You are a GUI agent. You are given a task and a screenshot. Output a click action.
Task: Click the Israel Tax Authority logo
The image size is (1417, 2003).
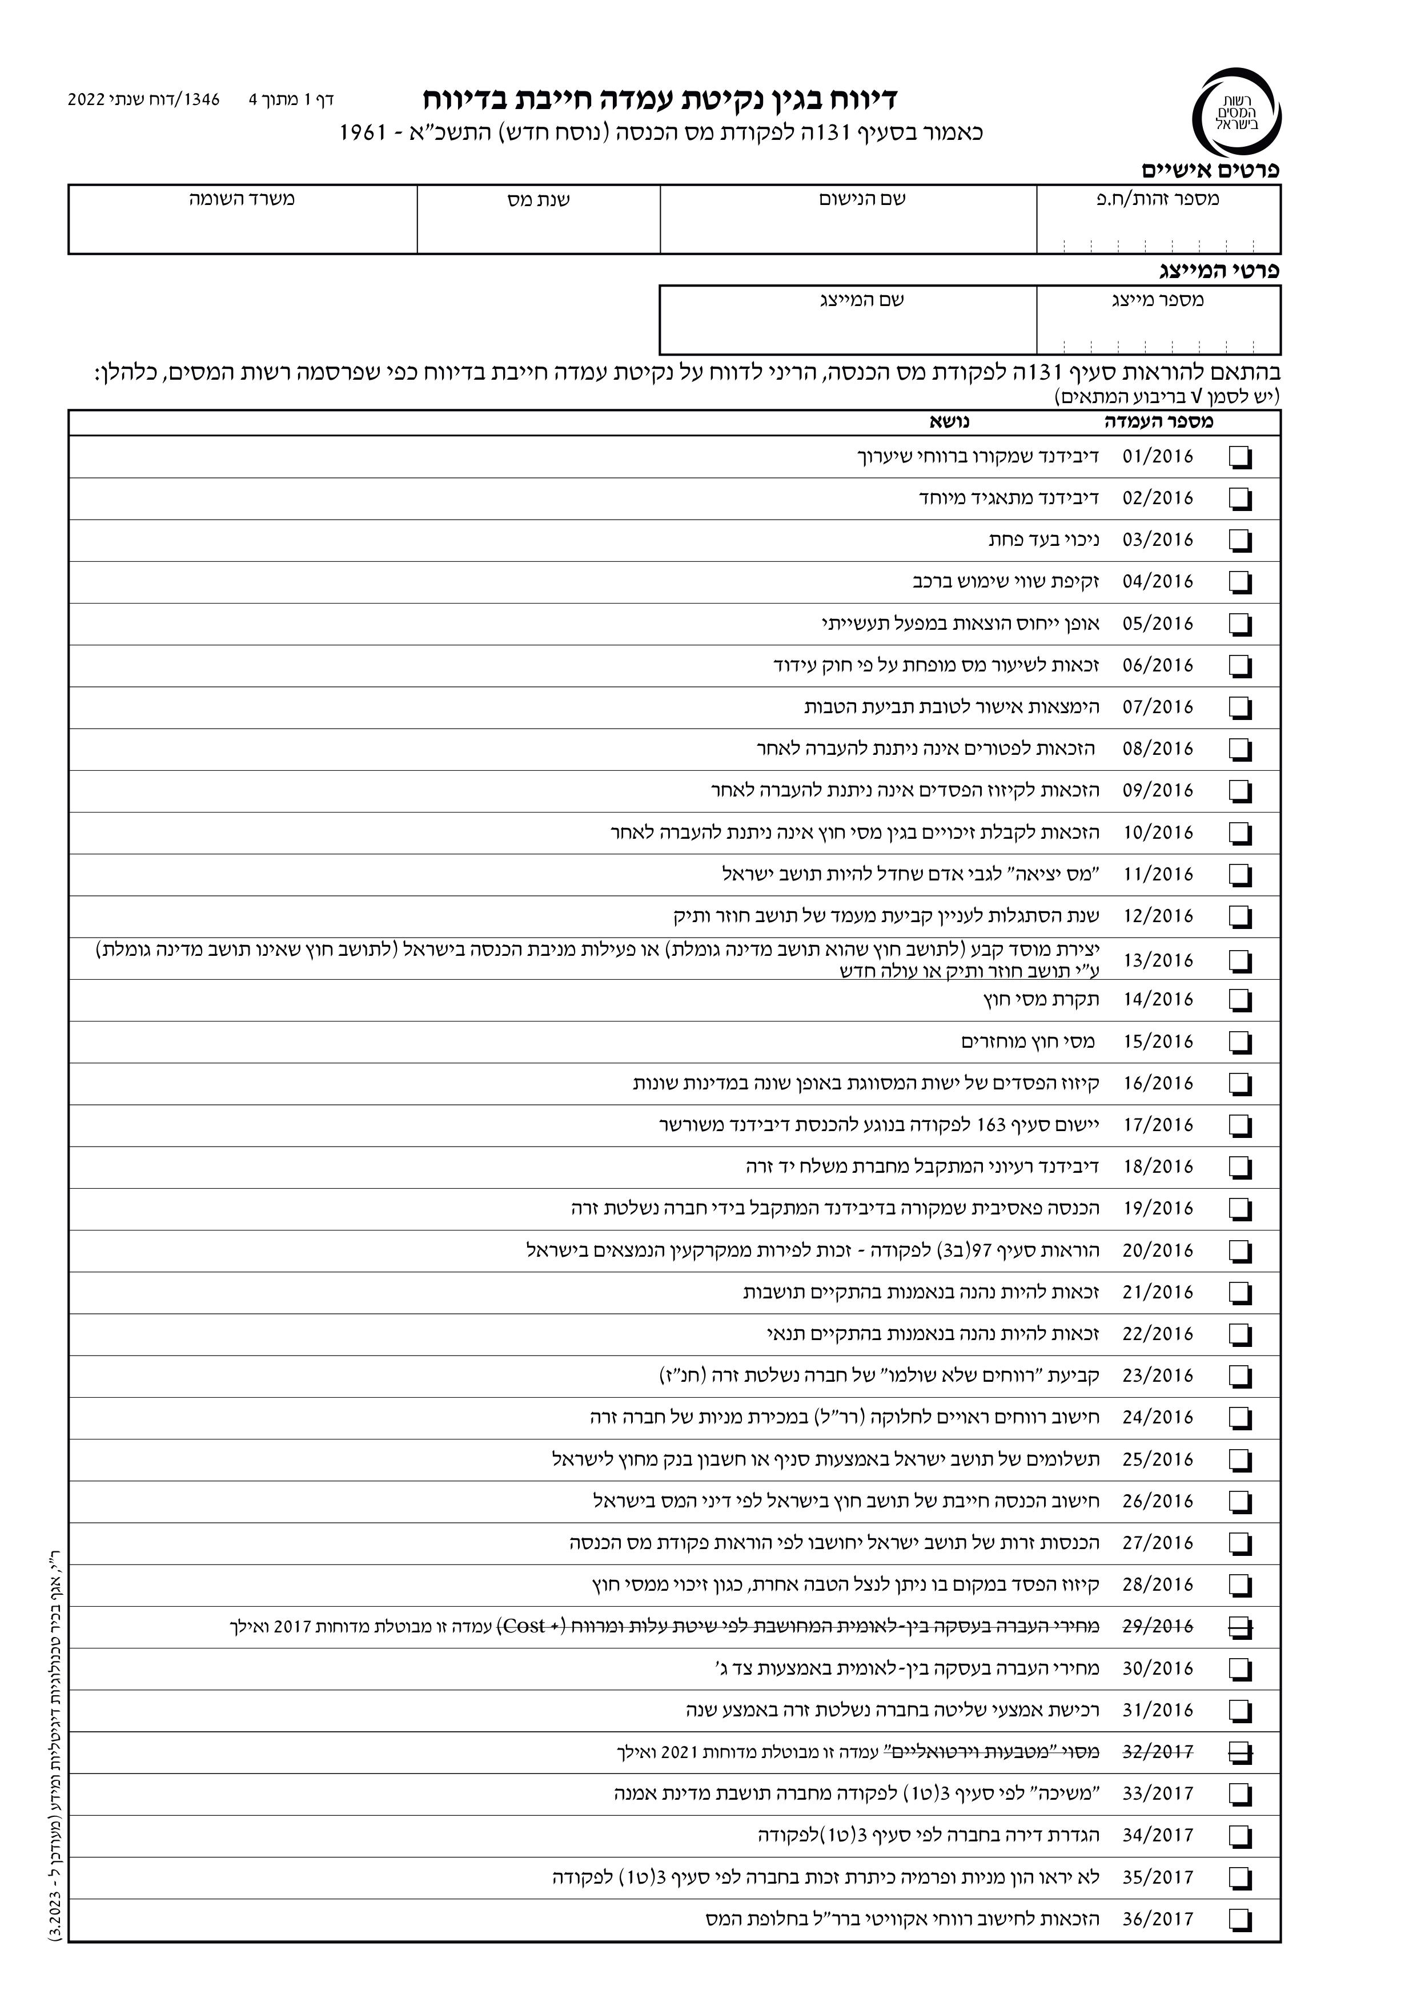click(1235, 112)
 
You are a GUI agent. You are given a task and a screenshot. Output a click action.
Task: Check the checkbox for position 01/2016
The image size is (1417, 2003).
click(1240, 457)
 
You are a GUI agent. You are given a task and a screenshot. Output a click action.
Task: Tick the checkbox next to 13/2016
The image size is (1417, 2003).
click(1240, 960)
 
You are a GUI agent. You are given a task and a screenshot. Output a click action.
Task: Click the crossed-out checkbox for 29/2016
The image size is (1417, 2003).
click(1240, 1626)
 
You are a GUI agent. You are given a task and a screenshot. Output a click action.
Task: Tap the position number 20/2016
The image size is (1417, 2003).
click(1157, 1250)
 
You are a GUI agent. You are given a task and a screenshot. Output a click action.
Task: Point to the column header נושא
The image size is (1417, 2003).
click(949, 422)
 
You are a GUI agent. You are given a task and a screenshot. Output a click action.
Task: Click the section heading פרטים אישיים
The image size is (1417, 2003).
click(1210, 171)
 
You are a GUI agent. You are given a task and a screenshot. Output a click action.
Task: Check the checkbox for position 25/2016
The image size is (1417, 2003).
click(1240, 1459)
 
